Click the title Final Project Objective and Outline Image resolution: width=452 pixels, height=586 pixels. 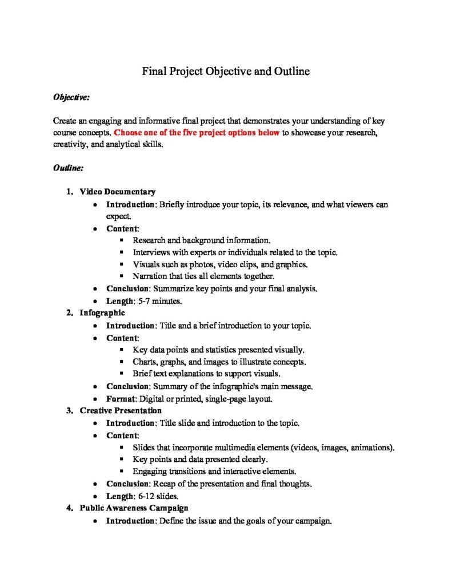point(226,72)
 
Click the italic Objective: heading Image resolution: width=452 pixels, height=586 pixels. point(71,98)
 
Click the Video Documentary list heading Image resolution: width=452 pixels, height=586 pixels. point(117,192)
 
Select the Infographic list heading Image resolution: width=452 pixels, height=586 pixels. point(102,313)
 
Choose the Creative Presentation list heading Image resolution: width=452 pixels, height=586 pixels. point(121,410)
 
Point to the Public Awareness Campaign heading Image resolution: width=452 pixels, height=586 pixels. point(134,508)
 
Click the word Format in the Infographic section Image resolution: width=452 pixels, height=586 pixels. point(121,398)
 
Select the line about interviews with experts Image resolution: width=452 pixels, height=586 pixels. point(235,252)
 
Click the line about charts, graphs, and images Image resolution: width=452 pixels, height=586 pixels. point(219,362)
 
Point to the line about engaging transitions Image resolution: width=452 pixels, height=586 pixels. point(214,472)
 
